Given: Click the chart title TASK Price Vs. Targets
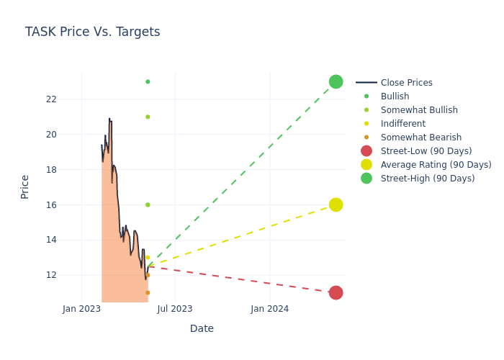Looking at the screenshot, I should [x=92, y=32].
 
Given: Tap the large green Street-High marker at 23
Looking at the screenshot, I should [x=336, y=81].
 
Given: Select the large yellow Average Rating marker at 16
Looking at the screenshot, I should [x=336, y=204].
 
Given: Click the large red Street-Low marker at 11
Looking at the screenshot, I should [x=336, y=292].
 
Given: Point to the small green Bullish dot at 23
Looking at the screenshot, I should [x=148, y=81].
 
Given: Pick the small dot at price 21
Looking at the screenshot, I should [x=148, y=117].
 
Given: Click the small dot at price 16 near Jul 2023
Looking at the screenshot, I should [x=148, y=204].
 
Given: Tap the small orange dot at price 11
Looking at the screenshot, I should [x=148, y=292].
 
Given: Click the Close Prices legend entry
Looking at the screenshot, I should [x=406, y=83].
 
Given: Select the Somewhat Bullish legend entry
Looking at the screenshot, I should [x=419, y=110].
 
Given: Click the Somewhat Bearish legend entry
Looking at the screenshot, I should [x=420, y=138].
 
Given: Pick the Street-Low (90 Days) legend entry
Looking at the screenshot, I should [x=426, y=151].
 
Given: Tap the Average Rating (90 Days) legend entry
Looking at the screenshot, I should [x=436, y=165].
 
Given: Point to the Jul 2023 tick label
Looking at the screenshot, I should [x=175, y=309].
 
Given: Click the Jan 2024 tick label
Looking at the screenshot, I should [x=270, y=309].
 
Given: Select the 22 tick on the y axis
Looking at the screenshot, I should [x=50, y=99].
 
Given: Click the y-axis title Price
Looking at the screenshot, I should [x=25, y=186].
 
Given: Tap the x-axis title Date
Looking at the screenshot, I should [x=202, y=328].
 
